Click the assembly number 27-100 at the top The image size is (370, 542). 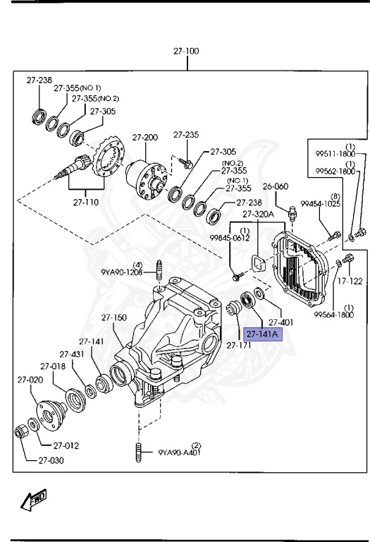(x=187, y=52)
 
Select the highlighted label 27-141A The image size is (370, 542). (x=262, y=334)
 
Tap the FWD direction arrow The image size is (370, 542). (x=34, y=500)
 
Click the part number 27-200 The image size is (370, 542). (x=145, y=137)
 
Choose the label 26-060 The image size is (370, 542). (x=277, y=187)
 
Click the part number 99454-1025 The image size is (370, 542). (x=321, y=204)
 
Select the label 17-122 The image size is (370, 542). (x=350, y=281)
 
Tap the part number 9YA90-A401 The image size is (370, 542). (x=180, y=452)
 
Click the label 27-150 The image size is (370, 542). (x=113, y=318)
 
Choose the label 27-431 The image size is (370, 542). (x=72, y=354)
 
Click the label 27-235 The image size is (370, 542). (x=187, y=134)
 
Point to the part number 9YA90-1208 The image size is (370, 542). (x=121, y=271)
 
